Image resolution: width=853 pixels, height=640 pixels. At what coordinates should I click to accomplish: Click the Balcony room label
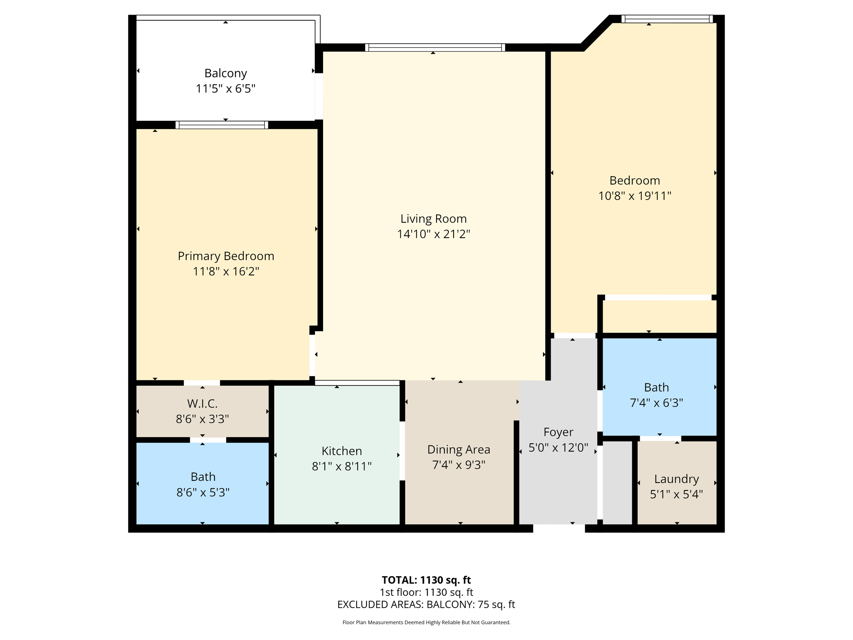pos(225,73)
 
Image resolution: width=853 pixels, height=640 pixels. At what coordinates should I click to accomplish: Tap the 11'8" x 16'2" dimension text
pos(226,271)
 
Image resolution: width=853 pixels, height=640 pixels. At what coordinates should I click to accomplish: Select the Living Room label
pos(433,219)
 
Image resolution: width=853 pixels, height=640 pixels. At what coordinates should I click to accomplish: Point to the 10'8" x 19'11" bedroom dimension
pos(634,196)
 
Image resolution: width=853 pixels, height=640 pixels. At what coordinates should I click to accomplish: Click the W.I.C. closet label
pos(202,403)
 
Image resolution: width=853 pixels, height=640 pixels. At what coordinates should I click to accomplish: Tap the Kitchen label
pos(342,451)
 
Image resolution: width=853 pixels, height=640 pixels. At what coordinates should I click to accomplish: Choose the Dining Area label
pos(459,450)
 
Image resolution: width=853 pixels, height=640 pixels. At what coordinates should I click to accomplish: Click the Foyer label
pos(558,432)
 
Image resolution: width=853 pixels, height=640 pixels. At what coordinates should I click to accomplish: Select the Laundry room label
pos(676,479)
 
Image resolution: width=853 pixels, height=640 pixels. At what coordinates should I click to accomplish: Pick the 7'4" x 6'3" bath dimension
pos(656,403)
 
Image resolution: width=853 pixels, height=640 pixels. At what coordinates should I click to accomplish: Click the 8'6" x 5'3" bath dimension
pos(203,492)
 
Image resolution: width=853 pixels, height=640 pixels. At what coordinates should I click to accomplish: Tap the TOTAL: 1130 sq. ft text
pos(426,580)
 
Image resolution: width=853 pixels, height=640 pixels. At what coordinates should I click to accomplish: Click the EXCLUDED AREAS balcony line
pos(426,605)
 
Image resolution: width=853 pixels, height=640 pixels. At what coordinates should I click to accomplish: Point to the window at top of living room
pos(435,47)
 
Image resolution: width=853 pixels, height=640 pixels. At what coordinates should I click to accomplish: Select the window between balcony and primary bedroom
pos(222,125)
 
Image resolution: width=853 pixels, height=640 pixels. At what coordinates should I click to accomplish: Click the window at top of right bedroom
pos(667,19)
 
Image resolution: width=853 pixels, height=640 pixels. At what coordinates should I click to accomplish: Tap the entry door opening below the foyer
pos(559,528)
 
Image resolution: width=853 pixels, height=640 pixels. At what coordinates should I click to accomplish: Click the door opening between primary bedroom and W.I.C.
pos(202,383)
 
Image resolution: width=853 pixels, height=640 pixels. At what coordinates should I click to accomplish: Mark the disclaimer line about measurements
pos(426,622)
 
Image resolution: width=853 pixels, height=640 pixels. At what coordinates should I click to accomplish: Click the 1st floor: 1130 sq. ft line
pos(426,592)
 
